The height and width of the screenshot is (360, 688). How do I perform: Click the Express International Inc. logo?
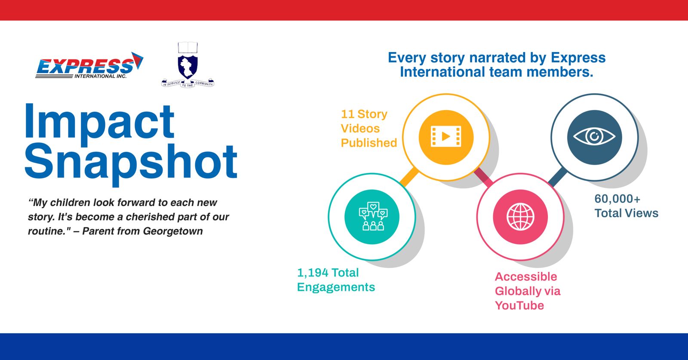pos(89,65)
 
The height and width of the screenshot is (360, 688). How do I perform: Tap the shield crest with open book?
pos(187,65)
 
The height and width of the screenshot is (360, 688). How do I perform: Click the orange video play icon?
pos(446,137)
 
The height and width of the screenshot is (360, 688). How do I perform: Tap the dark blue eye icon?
pos(595,137)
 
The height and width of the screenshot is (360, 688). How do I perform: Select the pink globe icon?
pos(520,217)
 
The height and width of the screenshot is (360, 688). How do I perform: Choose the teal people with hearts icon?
pos(372,217)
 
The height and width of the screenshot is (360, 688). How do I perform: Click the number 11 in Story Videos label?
pos(348,114)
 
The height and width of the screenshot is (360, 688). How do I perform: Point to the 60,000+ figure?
pos(617,199)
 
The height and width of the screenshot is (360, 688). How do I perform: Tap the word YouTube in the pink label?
pos(519,306)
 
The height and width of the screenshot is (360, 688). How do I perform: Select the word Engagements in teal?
pos(336,287)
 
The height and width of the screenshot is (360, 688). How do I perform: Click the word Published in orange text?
pos(369,143)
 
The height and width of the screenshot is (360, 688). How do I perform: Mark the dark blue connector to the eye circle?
pos(558,177)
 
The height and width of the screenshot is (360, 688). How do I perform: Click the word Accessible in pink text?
pos(526,277)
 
